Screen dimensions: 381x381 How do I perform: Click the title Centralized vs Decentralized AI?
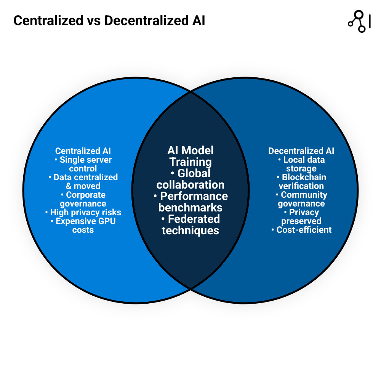click(x=109, y=21)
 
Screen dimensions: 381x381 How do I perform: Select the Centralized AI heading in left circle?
click(x=83, y=151)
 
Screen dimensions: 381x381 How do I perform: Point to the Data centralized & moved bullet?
click(x=83, y=181)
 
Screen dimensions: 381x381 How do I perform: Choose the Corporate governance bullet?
click(x=83, y=199)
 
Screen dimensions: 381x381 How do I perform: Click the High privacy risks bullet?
click(x=83, y=212)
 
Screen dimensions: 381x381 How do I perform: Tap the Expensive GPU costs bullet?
click(x=83, y=225)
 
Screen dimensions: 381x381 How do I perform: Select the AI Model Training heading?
click(x=190, y=156)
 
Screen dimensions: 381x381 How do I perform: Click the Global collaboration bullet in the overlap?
click(x=190, y=179)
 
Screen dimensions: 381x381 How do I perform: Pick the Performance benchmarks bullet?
click(x=190, y=202)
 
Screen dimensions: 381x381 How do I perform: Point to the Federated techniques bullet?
click(x=190, y=225)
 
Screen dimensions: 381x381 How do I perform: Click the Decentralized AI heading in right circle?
click(x=301, y=151)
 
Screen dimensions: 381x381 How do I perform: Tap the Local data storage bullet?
click(x=301, y=164)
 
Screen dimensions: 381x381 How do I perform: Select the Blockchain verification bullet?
click(x=301, y=181)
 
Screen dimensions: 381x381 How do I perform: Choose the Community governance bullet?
click(x=301, y=199)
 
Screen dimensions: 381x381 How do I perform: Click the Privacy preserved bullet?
click(x=301, y=216)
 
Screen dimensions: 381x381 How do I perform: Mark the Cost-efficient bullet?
click(x=301, y=230)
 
